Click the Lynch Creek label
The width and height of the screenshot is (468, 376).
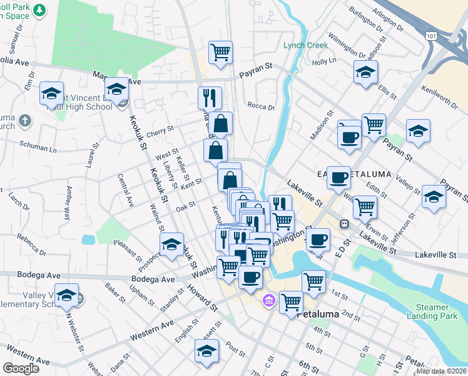tap(305, 45)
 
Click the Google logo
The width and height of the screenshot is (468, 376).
tap(21, 368)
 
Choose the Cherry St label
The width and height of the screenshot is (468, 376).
tap(160, 130)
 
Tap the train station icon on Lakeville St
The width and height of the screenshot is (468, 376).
tap(343, 224)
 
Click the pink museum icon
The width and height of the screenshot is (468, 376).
tap(268, 301)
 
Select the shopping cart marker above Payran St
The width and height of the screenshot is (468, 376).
tap(220, 52)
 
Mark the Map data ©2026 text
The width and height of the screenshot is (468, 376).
tap(440, 371)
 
